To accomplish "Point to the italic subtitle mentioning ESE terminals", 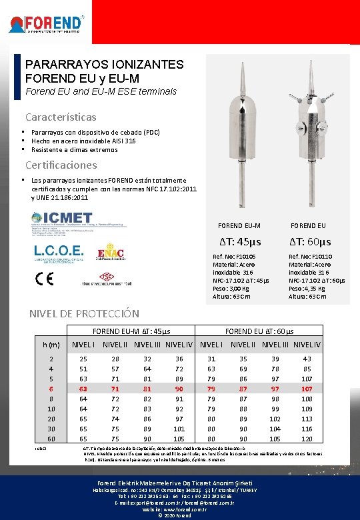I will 101,91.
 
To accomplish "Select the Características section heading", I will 60,117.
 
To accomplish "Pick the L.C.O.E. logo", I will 59,251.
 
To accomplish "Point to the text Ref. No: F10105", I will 234,255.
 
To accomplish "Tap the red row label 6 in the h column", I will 51,389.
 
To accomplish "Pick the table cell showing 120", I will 307,439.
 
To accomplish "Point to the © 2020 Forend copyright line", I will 179,515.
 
